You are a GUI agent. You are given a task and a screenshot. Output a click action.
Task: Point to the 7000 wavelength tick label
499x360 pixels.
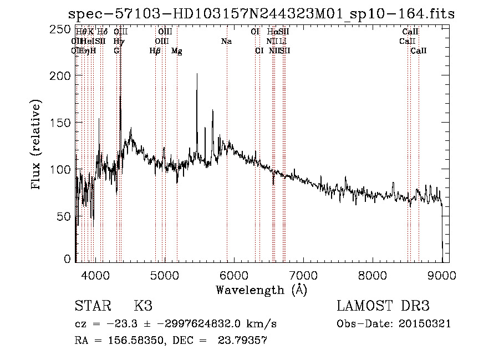click(303, 274)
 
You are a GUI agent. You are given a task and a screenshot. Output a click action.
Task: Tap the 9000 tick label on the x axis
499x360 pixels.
click(442, 274)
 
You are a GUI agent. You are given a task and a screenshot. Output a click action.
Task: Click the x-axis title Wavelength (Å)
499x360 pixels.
click(261, 289)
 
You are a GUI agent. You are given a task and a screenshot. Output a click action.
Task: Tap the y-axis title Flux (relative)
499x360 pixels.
click(37, 145)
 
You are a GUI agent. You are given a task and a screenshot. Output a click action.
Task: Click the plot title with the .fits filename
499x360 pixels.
click(261, 14)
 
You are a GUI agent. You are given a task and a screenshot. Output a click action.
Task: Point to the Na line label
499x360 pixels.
click(226, 41)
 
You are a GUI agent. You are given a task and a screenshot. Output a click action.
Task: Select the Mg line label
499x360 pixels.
click(176, 51)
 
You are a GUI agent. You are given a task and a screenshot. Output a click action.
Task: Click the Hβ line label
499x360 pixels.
click(155, 50)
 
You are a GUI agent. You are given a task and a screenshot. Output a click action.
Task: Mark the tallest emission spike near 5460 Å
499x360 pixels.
click(197, 75)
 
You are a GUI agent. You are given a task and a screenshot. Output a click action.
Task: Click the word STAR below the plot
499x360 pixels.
click(92, 306)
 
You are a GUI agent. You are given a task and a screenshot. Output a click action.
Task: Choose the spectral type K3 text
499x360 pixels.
click(143, 306)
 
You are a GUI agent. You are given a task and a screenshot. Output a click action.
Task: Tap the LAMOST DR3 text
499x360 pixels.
click(383, 306)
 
